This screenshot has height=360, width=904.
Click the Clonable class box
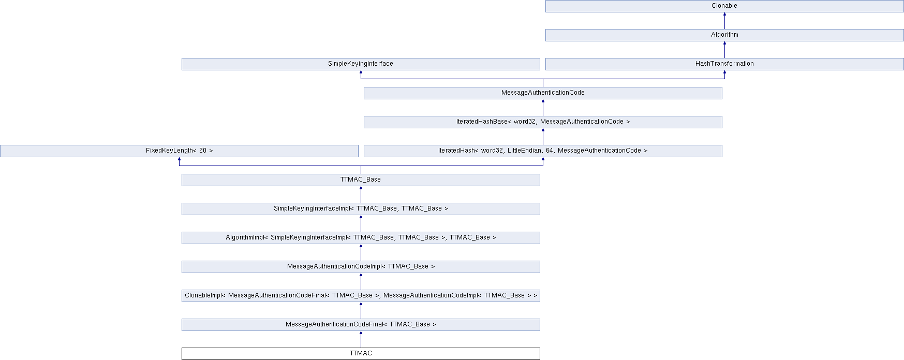(x=724, y=6)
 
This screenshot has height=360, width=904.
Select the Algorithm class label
(x=724, y=35)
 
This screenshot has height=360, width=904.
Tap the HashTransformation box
(x=724, y=64)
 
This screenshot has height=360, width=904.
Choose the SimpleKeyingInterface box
(x=360, y=64)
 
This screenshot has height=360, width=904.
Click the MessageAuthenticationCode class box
(x=542, y=93)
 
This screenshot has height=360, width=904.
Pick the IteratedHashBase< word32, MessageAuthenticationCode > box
(x=542, y=122)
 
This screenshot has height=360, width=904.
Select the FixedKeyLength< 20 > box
(x=179, y=151)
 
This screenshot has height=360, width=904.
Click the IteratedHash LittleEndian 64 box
(x=542, y=151)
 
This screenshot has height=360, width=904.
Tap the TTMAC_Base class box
(x=360, y=179)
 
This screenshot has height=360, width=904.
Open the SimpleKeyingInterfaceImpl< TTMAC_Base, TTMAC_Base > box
(x=360, y=208)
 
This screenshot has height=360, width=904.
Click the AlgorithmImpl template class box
(x=360, y=237)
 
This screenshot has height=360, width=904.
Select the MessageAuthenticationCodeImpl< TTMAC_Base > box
(x=360, y=266)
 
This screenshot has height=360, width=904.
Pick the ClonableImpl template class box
(x=360, y=295)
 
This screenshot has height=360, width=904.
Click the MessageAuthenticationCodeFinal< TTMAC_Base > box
(x=360, y=324)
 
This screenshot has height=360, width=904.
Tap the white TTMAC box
(x=360, y=353)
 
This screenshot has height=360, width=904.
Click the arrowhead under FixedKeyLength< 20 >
(x=179, y=159)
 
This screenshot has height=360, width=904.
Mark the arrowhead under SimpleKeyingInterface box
(x=361, y=72)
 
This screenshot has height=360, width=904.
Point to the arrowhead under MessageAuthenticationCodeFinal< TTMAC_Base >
(x=361, y=333)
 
